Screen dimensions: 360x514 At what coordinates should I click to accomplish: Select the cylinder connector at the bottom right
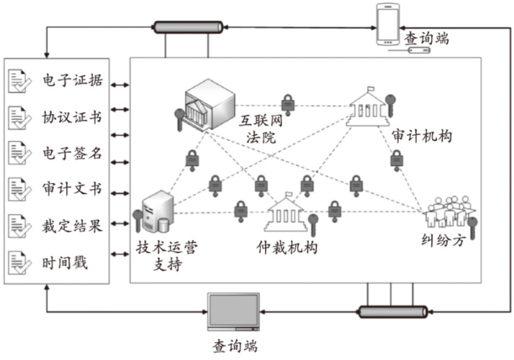393,312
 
